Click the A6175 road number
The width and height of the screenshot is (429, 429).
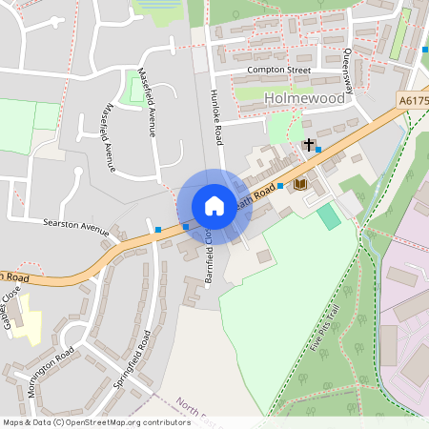pyautogui.click(x=413, y=99)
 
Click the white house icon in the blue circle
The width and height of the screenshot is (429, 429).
pyautogui.click(x=214, y=206)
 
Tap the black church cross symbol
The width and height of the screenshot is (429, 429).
pyautogui.click(x=308, y=145)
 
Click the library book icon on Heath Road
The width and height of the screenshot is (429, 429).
pyautogui.click(x=300, y=183)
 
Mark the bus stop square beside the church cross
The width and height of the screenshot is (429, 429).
pyautogui.click(x=319, y=149)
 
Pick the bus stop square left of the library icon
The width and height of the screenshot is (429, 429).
pyautogui.click(x=280, y=186)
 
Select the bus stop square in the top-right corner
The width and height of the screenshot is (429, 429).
pyautogui.click(x=424, y=50)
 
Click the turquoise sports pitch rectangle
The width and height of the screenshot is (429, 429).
pyautogui.click(x=329, y=215)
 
